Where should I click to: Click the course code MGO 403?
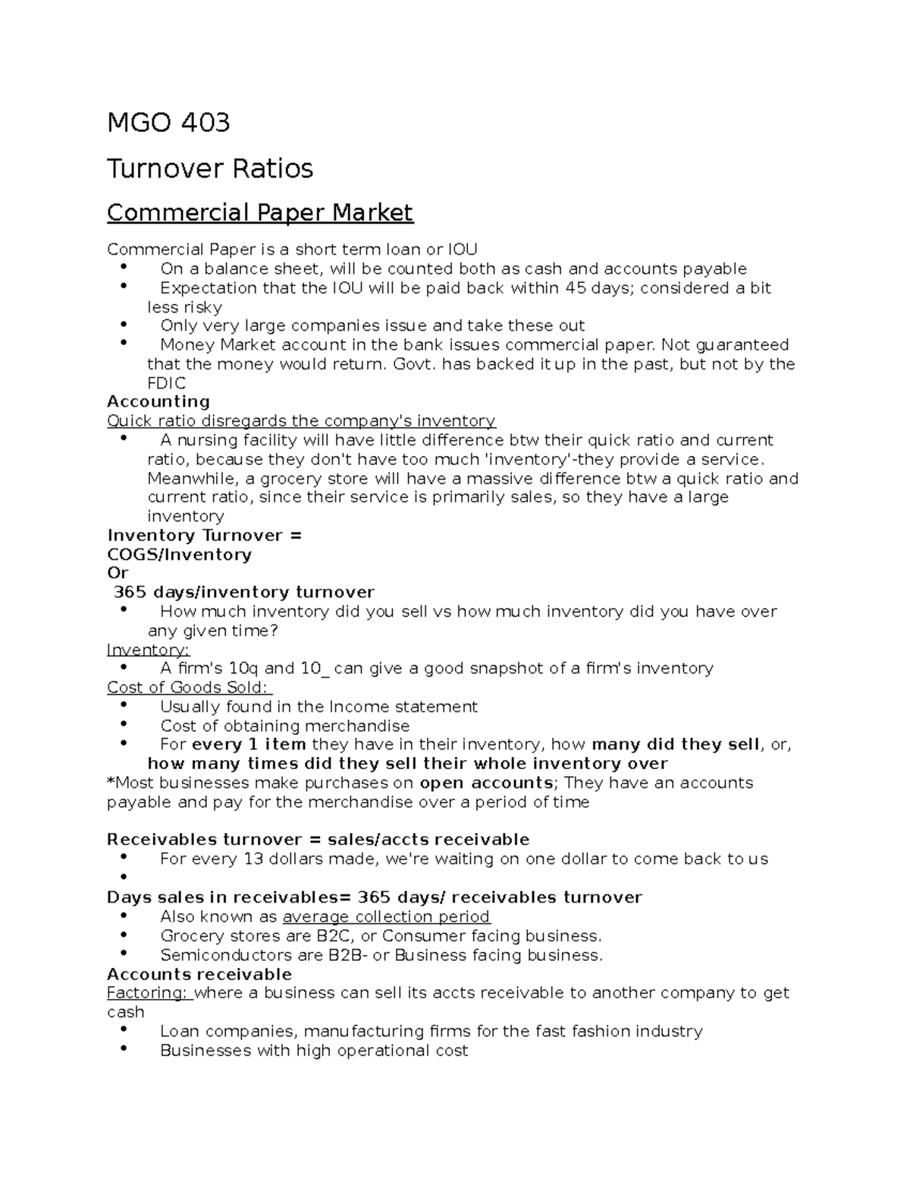pyautogui.click(x=168, y=122)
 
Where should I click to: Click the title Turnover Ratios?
pyautogui.click(x=210, y=168)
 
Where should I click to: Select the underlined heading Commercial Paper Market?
pyautogui.click(x=260, y=212)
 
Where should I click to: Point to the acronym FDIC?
pyautogui.click(x=166, y=384)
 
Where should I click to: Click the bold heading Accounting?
pyautogui.click(x=158, y=402)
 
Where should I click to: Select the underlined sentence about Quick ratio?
pyautogui.click(x=301, y=421)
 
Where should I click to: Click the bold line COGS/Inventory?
pyautogui.click(x=179, y=554)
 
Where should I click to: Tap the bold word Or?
pyautogui.click(x=118, y=573)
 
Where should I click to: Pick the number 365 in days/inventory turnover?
pyautogui.click(x=130, y=592)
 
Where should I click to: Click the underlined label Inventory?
pyautogui.click(x=148, y=650)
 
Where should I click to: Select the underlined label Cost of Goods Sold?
pyautogui.click(x=188, y=688)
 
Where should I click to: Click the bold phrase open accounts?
pyautogui.click(x=486, y=783)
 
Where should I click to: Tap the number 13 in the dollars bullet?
pyautogui.click(x=253, y=859)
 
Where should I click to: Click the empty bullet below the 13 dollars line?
pyautogui.click(x=124, y=878)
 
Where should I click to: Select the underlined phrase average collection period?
pyautogui.click(x=386, y=916)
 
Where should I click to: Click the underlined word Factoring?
pyautogui.click(x=149, y=993)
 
